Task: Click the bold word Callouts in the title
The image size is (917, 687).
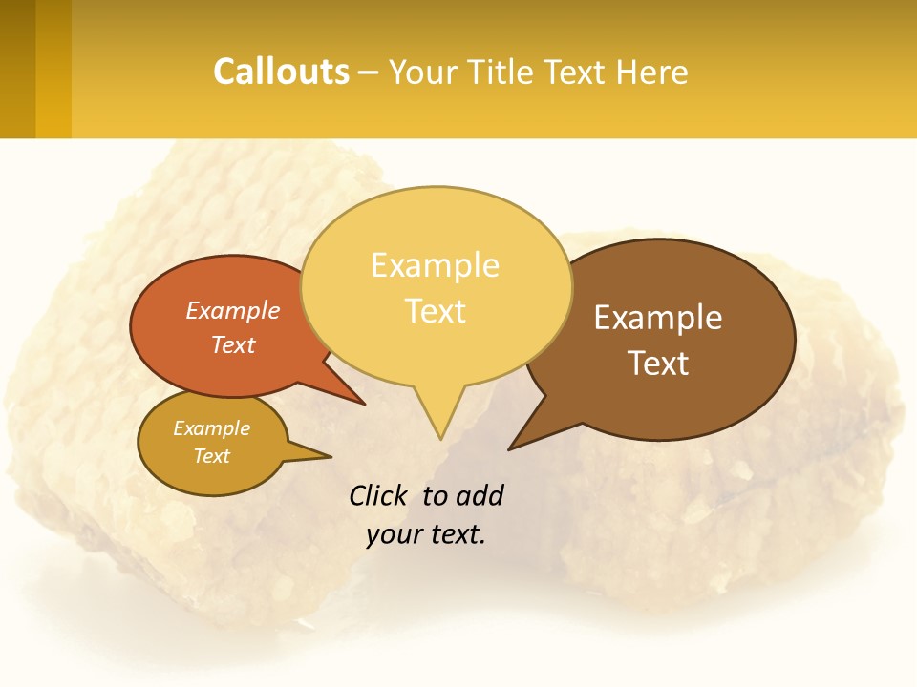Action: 281,72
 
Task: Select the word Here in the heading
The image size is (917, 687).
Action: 652,72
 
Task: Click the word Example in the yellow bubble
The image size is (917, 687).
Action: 435,265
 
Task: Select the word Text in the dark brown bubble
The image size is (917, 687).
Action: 658,364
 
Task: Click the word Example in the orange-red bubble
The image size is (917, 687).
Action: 232,311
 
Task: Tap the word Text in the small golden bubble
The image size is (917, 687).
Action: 211,456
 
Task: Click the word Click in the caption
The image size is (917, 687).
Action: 378,495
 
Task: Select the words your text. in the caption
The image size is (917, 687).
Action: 425,534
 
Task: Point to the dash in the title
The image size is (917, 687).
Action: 369,73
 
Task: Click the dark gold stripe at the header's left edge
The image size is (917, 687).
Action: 17,69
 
